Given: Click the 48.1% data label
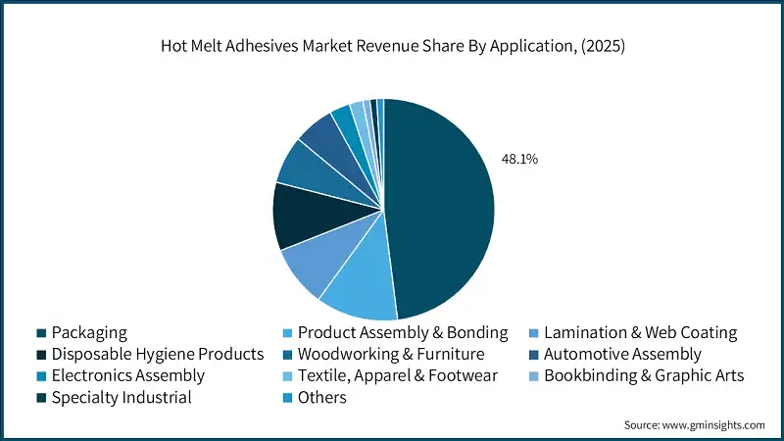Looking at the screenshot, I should pyautogui.click(x=518, y=158).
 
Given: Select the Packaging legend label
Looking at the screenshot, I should pyautogui.click(x=89, y=332).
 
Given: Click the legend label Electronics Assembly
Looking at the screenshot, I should pyautogui.click(x=127, y=375).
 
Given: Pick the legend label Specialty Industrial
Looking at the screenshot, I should pyautogui.click(x=121, y=397).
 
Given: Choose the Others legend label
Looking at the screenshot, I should pyautogui.click(x=322, y=397).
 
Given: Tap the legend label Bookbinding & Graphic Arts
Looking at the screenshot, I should pyautogui.click(x=644, y=375).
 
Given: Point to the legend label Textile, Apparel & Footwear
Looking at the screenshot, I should pyautogui.click(x=398, y=375).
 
